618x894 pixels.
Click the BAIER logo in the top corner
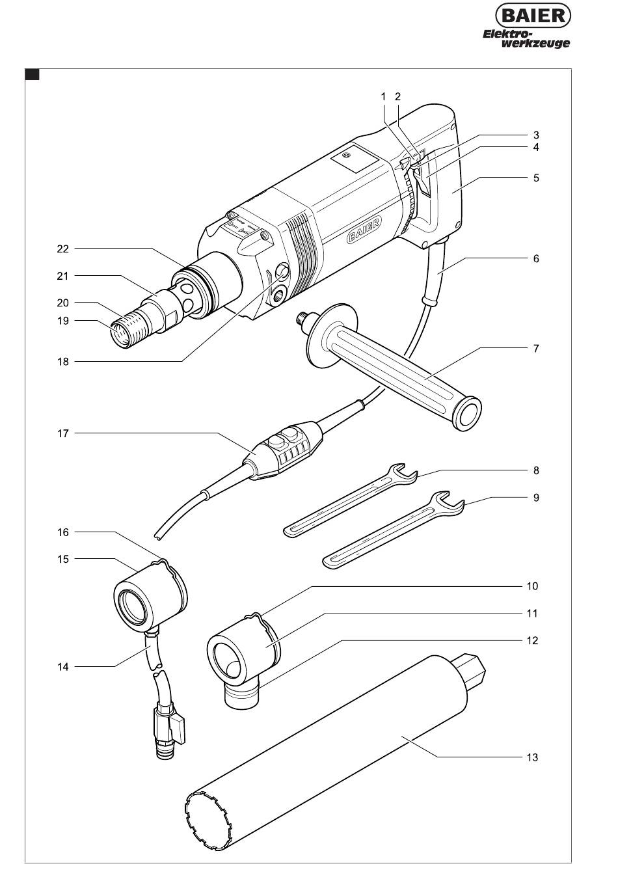(x=533, y=16)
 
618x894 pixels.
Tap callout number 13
(x=532, y=757)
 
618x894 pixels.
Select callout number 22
(x=63, y=249)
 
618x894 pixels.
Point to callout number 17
(x=63, y=433)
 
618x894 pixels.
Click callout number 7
(x=536, y=348)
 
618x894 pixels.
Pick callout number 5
(x=536, y=178)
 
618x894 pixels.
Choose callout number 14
(x=63, y=667)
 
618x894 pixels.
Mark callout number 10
(x=532, y=586)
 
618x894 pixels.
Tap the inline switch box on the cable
(x=285, y=449)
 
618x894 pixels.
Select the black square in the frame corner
(x=32, y=75)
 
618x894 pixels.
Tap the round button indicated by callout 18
(x=282, y=270)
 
